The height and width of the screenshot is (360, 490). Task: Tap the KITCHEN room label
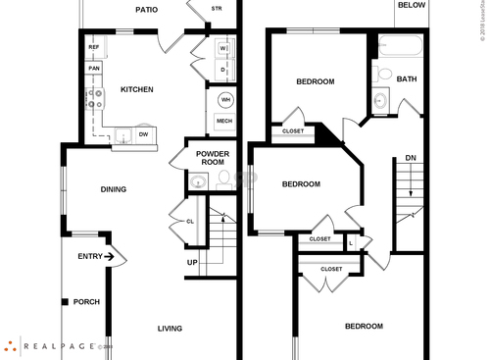point(136,89)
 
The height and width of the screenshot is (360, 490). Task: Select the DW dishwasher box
point(143,133)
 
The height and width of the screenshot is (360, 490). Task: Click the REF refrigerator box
point(94,47)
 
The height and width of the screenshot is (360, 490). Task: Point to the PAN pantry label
point(94,68)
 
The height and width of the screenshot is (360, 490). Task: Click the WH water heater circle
point(224,100)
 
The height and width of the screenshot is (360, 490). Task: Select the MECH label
point(224,121)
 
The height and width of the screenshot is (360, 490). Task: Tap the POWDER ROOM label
point(213,158)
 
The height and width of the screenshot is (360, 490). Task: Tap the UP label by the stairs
point(193,262)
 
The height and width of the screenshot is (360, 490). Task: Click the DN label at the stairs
point(410,158)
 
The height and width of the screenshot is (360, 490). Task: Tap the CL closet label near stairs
point(190,221)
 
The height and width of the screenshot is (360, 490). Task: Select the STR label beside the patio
point(217,10)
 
